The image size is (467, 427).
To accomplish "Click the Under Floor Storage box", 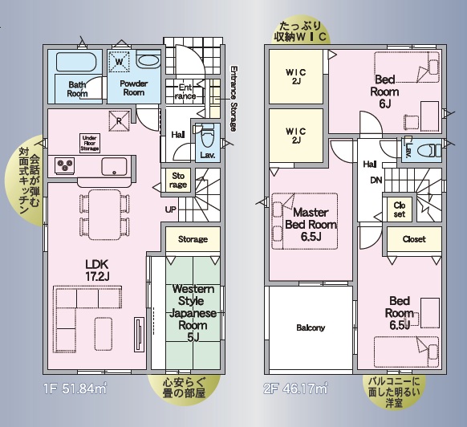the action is pos(90,143).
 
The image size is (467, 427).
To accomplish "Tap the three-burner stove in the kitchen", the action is pos(65,165).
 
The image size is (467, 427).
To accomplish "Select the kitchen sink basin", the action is pos(114,167).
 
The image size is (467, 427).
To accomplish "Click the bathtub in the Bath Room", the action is pos(76,62).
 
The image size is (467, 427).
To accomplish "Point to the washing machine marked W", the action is pos(119,61).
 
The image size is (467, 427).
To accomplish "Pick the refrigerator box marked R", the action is pos(119,120).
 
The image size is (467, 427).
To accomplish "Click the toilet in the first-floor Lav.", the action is pos(207,136).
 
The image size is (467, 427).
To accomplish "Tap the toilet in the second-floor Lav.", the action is pos(428,150).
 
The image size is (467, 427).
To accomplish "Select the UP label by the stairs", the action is pos(171,209).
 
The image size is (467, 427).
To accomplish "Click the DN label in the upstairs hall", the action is pos(376,180).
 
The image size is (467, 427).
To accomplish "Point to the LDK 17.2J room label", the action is pos(97,270).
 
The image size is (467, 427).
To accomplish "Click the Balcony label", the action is pos(311,327).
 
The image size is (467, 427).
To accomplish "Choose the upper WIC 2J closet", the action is pos(296,76).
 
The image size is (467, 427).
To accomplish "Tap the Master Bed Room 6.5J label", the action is pos(311,225).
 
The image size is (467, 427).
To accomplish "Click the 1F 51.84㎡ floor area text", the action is pos(75,388).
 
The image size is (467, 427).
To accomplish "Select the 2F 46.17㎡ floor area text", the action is pos(296,388).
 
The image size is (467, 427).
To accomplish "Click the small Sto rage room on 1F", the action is pos(178,181).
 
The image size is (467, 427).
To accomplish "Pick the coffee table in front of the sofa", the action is pos(104,334).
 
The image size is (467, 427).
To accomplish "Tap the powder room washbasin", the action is pos(148,61).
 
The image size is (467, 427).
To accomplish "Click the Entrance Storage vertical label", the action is pos(233,99).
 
